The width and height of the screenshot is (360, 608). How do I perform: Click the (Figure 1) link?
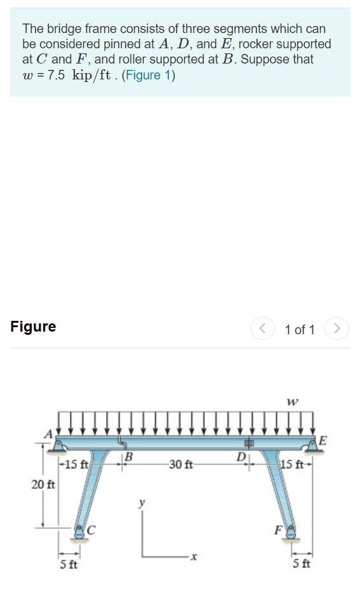[x=149, y=76]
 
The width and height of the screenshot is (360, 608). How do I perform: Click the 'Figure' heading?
[x=33, y=327]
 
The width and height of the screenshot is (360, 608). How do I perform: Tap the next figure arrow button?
[x=337, y=329]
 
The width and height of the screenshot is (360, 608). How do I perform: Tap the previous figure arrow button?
[x=261, y=329]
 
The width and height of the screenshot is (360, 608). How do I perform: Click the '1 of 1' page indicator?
[x=300, y=330]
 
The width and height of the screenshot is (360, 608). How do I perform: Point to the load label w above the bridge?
[x=293, y=402]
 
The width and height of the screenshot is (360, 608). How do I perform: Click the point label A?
[x=48, y=433]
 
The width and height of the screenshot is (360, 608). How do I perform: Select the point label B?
[x=128, y=456]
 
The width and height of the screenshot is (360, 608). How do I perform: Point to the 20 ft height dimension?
[x=43, y=485]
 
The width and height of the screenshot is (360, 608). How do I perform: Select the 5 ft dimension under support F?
[x=302, y=565]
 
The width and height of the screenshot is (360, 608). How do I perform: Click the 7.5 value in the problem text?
[x=57, y=76]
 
